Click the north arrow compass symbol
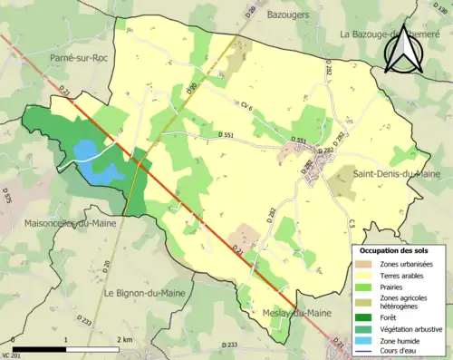pyautogui.click(x=404, y=49)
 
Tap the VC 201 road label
pyautogui.click(x=10, y=355)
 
